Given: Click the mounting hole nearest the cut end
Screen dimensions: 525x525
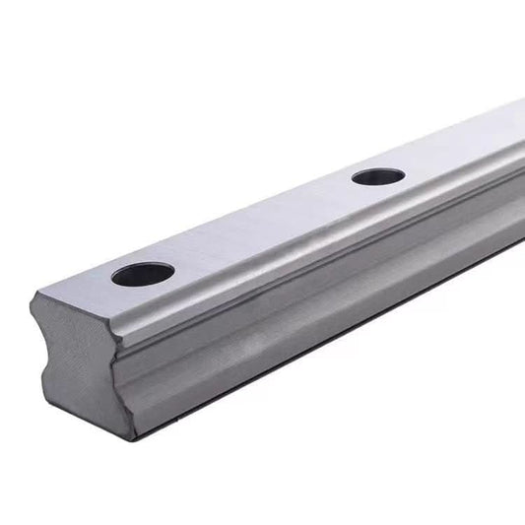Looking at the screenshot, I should click(143, 274).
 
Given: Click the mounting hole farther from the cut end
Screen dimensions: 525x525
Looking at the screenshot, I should click(378, 177).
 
